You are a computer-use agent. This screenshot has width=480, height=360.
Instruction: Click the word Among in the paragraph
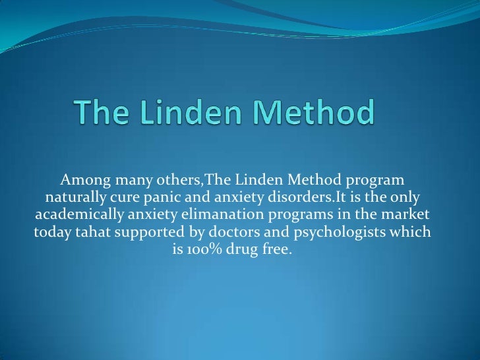tap(82, 180)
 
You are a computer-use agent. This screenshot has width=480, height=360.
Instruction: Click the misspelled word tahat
tap(90, 233)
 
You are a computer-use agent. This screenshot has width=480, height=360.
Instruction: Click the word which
tap(413, 233)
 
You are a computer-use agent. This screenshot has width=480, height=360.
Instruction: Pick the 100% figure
tap(208, 251)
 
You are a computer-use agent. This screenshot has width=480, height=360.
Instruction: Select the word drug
tap(246, 251)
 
